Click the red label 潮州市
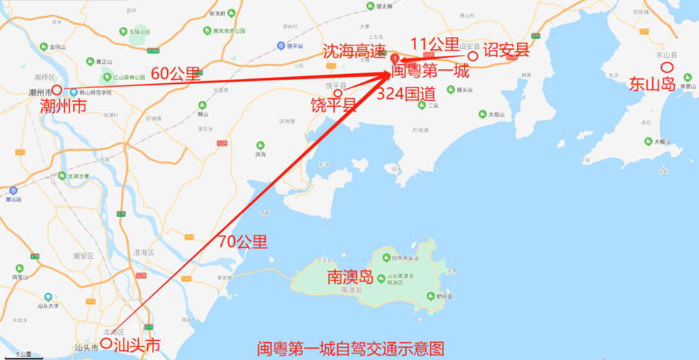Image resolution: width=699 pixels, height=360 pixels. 63,106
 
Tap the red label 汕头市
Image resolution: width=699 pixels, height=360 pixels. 137,346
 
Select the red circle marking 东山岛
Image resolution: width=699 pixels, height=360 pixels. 666,67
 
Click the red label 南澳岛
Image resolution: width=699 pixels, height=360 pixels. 350,278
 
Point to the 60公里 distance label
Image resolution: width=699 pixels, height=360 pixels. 176,74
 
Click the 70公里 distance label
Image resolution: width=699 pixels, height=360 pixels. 243,243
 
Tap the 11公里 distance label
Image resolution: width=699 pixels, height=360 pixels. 435,45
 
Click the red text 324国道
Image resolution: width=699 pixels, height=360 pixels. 405,93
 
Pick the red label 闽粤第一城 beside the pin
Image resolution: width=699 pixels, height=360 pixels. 430,71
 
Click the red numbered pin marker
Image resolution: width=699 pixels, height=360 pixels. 394,59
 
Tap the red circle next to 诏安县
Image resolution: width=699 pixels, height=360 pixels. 473,56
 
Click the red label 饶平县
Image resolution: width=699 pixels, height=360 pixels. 333,105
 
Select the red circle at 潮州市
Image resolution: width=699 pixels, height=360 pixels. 57,90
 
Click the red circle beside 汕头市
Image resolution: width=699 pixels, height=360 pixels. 105,343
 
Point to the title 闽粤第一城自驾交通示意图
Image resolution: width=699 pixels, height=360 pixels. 351,350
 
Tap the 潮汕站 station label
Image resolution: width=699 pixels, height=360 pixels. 14,199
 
